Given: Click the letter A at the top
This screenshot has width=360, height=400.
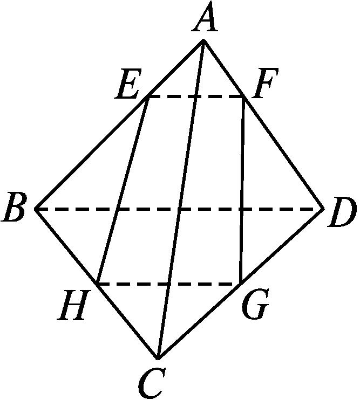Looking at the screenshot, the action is pos(205,17).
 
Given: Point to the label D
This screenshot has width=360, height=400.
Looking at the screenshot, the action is pos(341,212).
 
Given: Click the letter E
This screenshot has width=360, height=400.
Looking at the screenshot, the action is pos(127,84).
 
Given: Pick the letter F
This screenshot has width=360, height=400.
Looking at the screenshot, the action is pos(265,84).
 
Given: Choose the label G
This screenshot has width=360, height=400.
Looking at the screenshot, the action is pos(255,304).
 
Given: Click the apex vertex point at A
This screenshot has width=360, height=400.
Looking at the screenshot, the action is pos(203,40).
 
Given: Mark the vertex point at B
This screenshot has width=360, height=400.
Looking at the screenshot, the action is pos(36,209).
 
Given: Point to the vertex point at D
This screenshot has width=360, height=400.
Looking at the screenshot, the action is pos(323,209).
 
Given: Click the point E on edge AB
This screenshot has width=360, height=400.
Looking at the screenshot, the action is pos(148,96).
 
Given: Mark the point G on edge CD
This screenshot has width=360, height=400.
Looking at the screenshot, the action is pos(241,283).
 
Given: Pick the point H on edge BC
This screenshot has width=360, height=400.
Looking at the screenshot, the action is pos(97,283).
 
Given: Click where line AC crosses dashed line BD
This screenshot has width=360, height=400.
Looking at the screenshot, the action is pos(180,209).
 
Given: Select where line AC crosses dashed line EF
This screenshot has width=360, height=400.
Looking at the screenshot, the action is pos(195,96).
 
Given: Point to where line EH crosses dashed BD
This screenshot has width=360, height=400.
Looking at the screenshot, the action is pos(118,209).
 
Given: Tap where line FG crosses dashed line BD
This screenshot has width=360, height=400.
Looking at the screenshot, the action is pos(242,209).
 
